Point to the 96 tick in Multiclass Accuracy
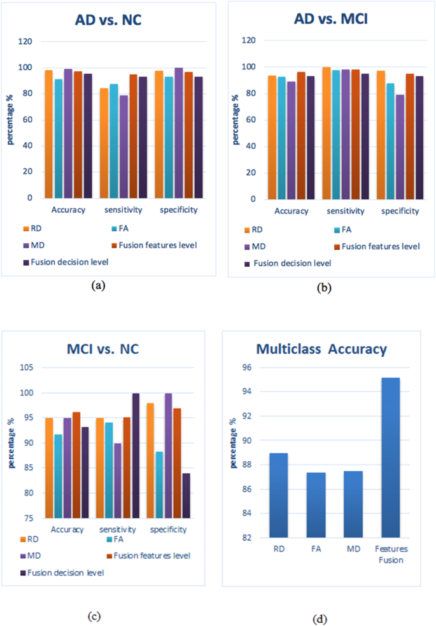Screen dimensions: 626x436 pyautogui.click(x=246, y=368)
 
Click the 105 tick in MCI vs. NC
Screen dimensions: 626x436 pyautogui.click(x=27, y=368)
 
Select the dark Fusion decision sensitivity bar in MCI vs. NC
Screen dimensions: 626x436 pyautogui.click(x=136, y=455)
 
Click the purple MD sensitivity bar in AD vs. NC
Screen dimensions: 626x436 pyautogui.click(x=123, y=146)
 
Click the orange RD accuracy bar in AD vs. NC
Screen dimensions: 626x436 pyautogui.click(x=48, y=134)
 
